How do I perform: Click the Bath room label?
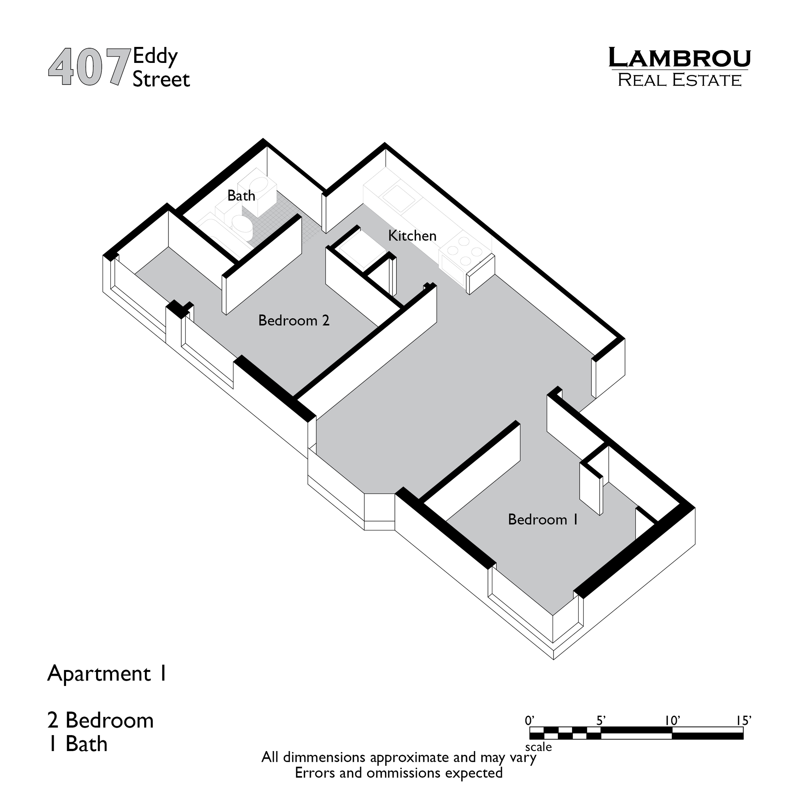coord(241,196)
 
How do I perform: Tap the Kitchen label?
coord(412,236)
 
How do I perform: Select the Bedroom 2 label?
coord(294,320)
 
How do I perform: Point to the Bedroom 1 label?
coord(543,520)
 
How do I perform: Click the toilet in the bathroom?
coord(242,225)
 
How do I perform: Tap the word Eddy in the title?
coord(155,56)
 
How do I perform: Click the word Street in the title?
coord(161,79)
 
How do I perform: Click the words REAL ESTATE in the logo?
coord(680,80)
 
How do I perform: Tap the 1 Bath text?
coord(78,744)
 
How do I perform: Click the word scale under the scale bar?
coord(538,747)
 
